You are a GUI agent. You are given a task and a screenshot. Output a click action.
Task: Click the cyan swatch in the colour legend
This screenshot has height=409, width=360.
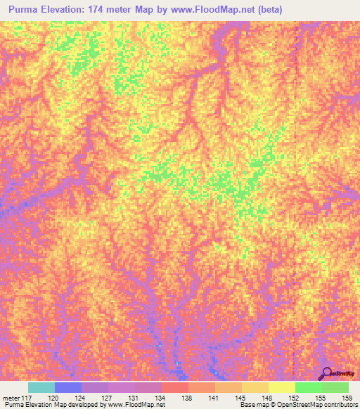(x=41, y=387)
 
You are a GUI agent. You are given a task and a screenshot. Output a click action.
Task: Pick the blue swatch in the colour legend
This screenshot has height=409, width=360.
(x=68, y=387)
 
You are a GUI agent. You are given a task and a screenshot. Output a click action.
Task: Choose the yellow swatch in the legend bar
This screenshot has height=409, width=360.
(x=282, y=387)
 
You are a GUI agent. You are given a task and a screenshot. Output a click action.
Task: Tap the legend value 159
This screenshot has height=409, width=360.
(x=347, y=398)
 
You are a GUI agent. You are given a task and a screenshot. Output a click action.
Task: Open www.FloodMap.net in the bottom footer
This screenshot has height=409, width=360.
(x=136, y=405)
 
